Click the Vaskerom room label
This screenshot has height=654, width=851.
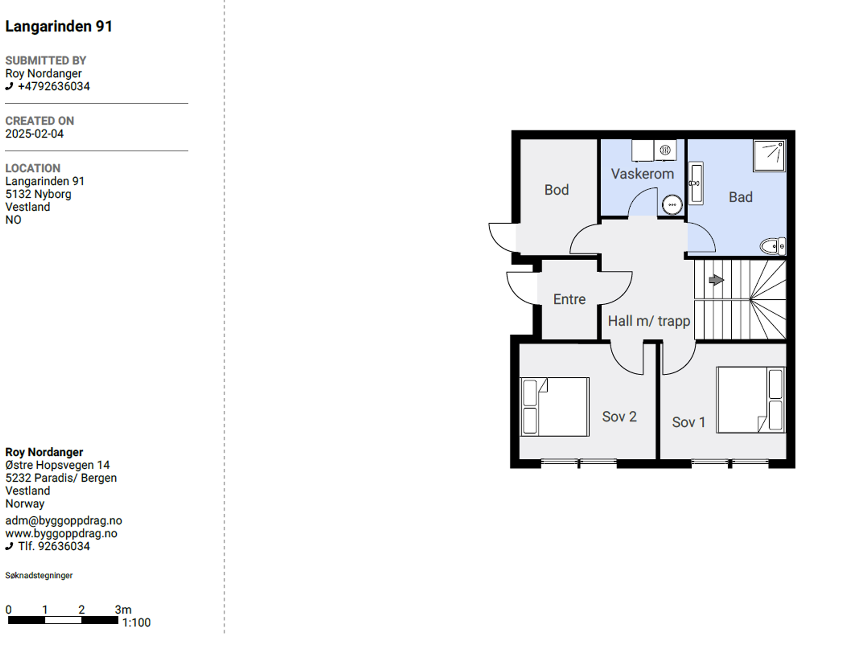pos(642,174)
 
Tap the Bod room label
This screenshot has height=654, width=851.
pos(557,190)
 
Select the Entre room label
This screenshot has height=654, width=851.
pos(569,299)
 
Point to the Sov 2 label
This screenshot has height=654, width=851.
pos(619,417)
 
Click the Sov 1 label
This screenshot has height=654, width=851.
pos(689,422)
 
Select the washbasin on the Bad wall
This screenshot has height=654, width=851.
pos(696,183)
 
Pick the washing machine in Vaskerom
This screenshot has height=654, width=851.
pos(665,150)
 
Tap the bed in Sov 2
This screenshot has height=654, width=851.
pos(555,407)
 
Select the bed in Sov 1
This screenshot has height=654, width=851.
pos(750,400)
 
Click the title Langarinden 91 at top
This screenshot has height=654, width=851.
pos(59,27)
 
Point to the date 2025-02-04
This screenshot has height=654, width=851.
pos(35,134)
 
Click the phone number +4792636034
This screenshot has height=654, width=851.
pos(54,86)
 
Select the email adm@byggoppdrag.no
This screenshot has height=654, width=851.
pos(64,521)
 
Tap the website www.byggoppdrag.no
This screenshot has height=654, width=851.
pos(61,534)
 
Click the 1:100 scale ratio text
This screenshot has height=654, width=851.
pos(136,623)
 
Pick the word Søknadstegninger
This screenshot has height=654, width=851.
pos(39,576)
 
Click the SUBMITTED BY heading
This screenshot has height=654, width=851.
pos(46,61)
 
